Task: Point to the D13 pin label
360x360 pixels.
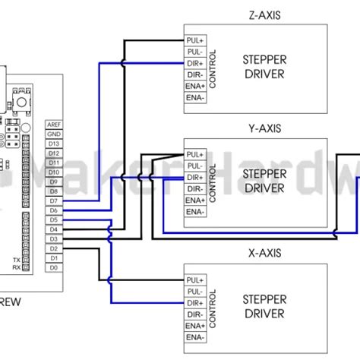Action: pos(54,144)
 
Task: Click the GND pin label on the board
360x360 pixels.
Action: pos(54,134)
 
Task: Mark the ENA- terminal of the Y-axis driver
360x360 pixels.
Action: pos(194,202)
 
